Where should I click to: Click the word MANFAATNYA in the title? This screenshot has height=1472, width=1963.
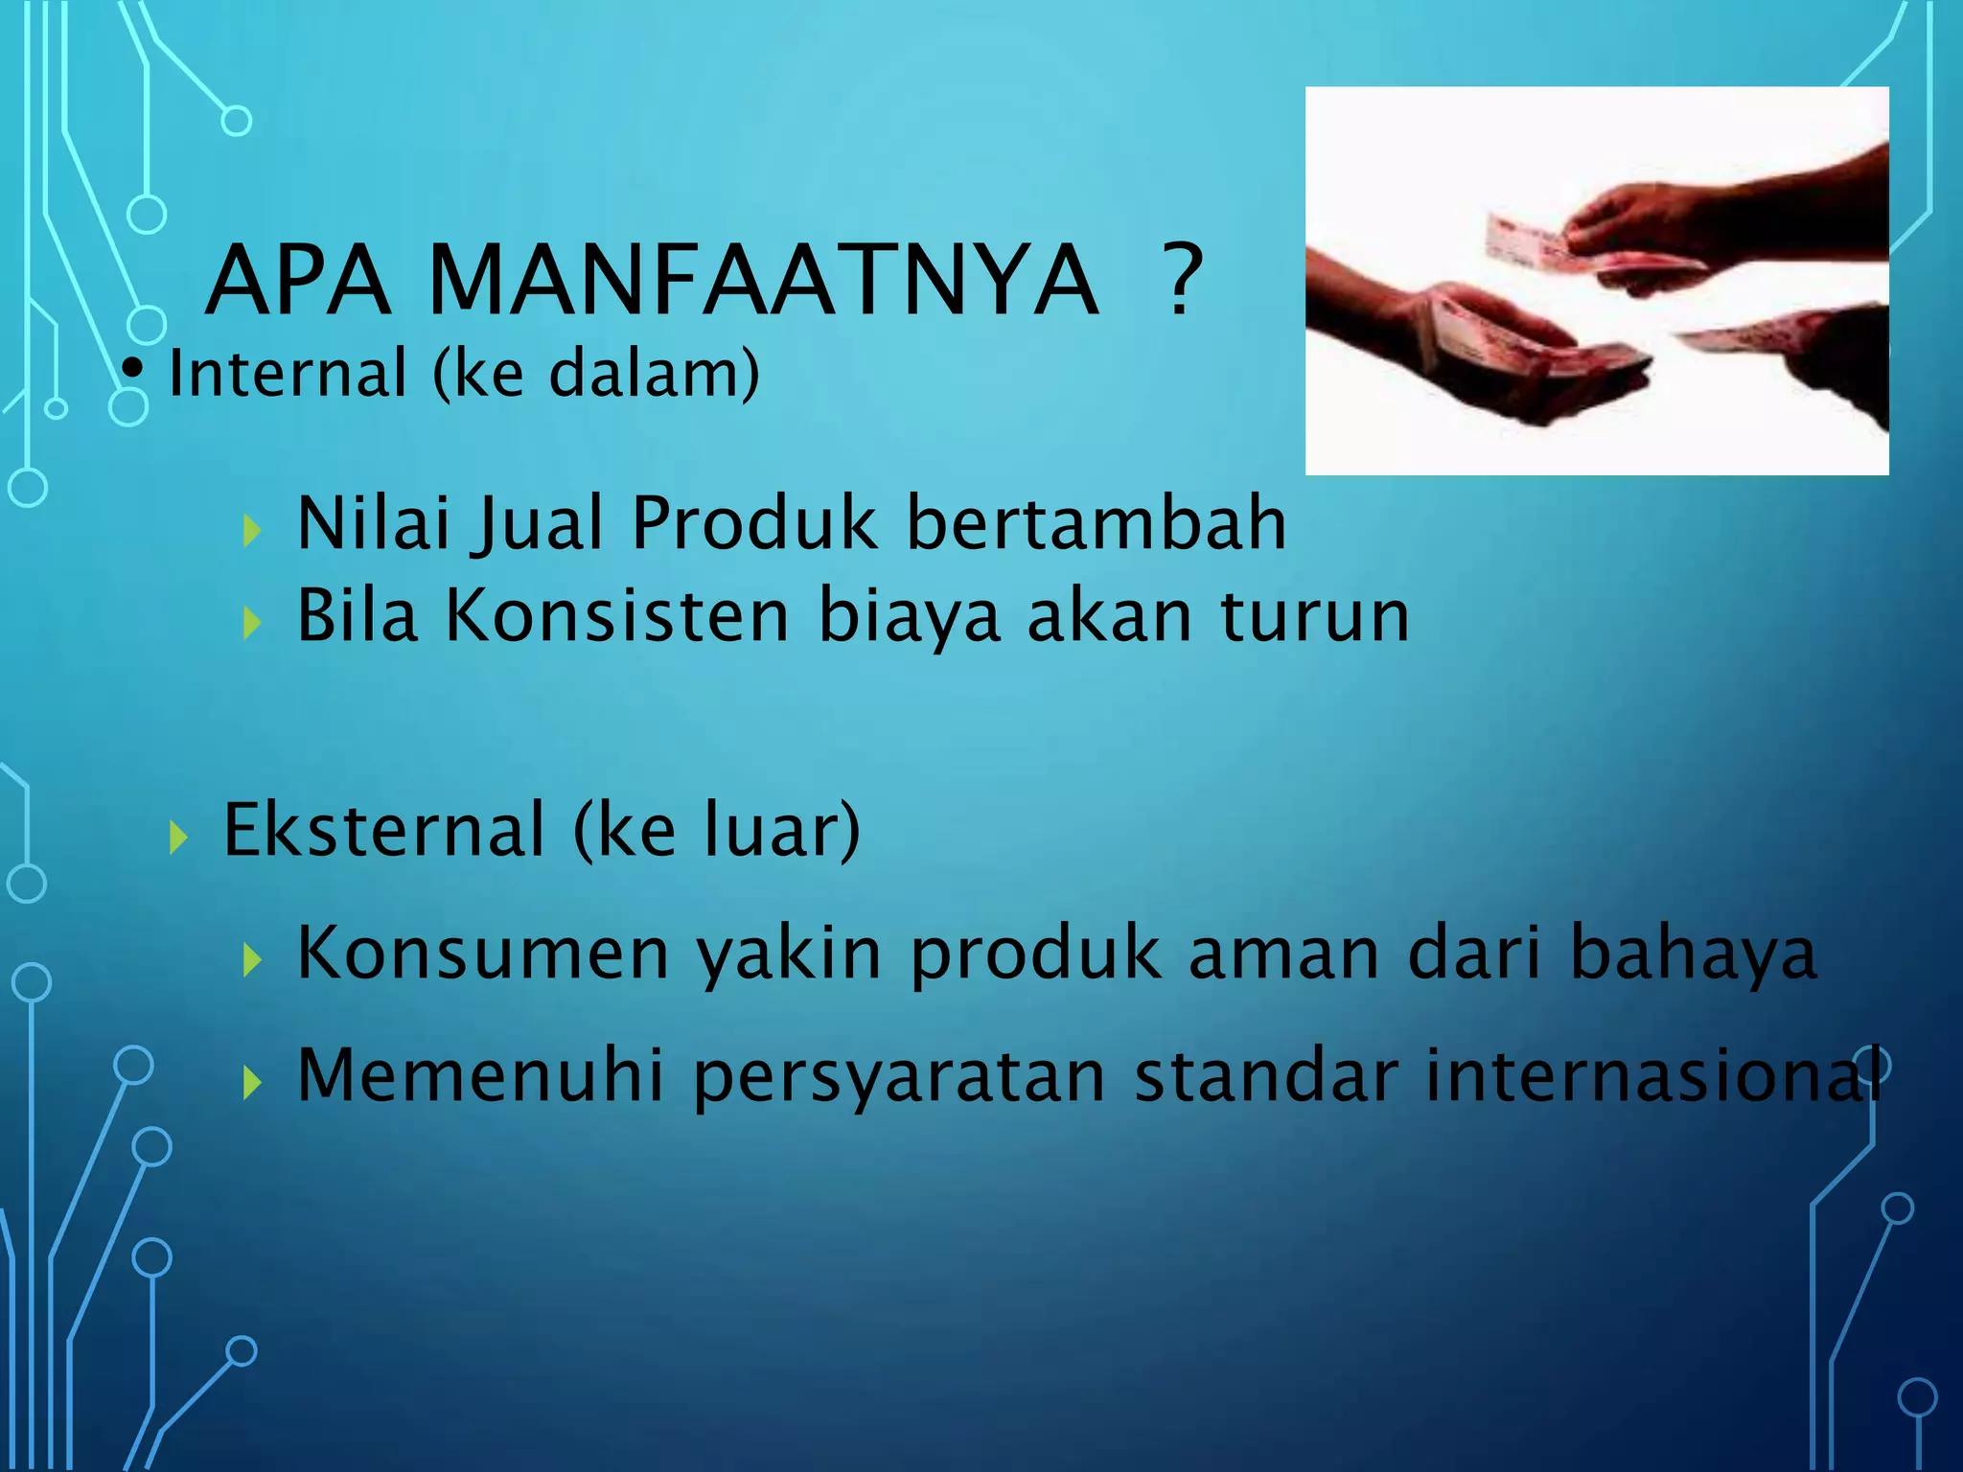[x=763, y=281]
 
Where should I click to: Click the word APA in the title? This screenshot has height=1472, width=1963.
[x=298, y=281]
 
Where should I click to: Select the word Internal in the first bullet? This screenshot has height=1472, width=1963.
[x=288, y=373]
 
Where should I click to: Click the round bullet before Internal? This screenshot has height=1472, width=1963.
[x=134, y=369]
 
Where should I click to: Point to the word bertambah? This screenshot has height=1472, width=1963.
[x=1096, y=523]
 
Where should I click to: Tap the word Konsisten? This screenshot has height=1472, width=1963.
[x=617, y=615]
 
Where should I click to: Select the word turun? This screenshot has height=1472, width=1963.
[x=1314, y=616]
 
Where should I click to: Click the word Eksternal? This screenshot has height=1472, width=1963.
[x=383, y=829]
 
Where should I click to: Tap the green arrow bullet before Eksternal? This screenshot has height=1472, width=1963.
[x=177, y=837]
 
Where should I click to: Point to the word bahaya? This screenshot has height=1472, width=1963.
[x=1693, y=954]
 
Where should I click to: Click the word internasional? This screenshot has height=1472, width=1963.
[x=1649, y=1075]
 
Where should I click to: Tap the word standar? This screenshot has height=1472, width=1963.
[x=1266, y=1075]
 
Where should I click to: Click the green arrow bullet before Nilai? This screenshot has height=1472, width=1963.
[x=252, y=530]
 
